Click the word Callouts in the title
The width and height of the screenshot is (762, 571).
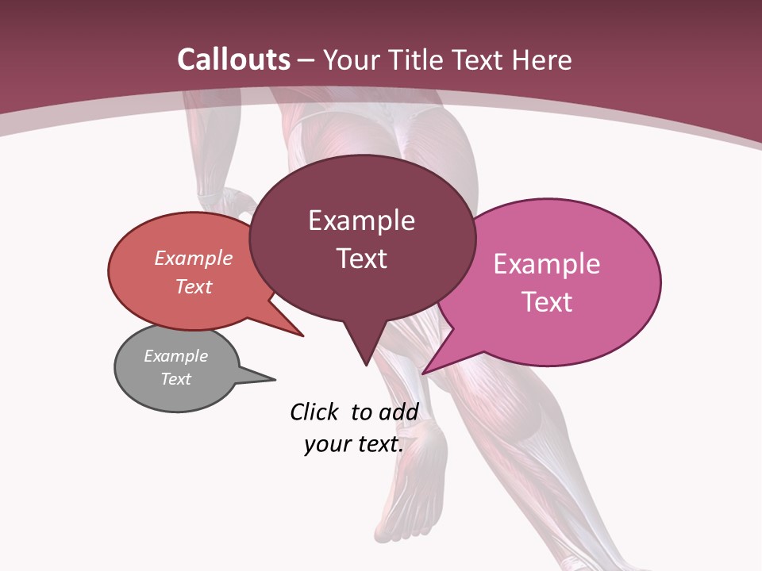pyautogui.click(x=234, y=59)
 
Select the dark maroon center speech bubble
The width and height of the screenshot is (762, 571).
pyautogui.click(x=362, y=238)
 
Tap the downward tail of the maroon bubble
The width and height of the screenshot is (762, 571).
pyautogui.click(x=365, y=362)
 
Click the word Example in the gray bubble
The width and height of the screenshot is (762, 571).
pyautogui.click(x=176, y=356)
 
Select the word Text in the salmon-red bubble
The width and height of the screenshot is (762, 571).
pyautogui.click(x=194, y=286)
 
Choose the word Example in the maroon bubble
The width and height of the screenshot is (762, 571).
pyautogui.click(x=362, y=220)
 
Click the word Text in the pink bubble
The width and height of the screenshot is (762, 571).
pyautogui.click(x=548, y=302)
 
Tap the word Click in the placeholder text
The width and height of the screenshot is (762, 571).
pyautogui.click(x=314, y=412)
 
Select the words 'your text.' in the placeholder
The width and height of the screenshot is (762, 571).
pyautogui.click(x=354, y=444)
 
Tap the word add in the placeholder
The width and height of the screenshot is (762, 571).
pyautogui.click(x=398, y=412)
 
